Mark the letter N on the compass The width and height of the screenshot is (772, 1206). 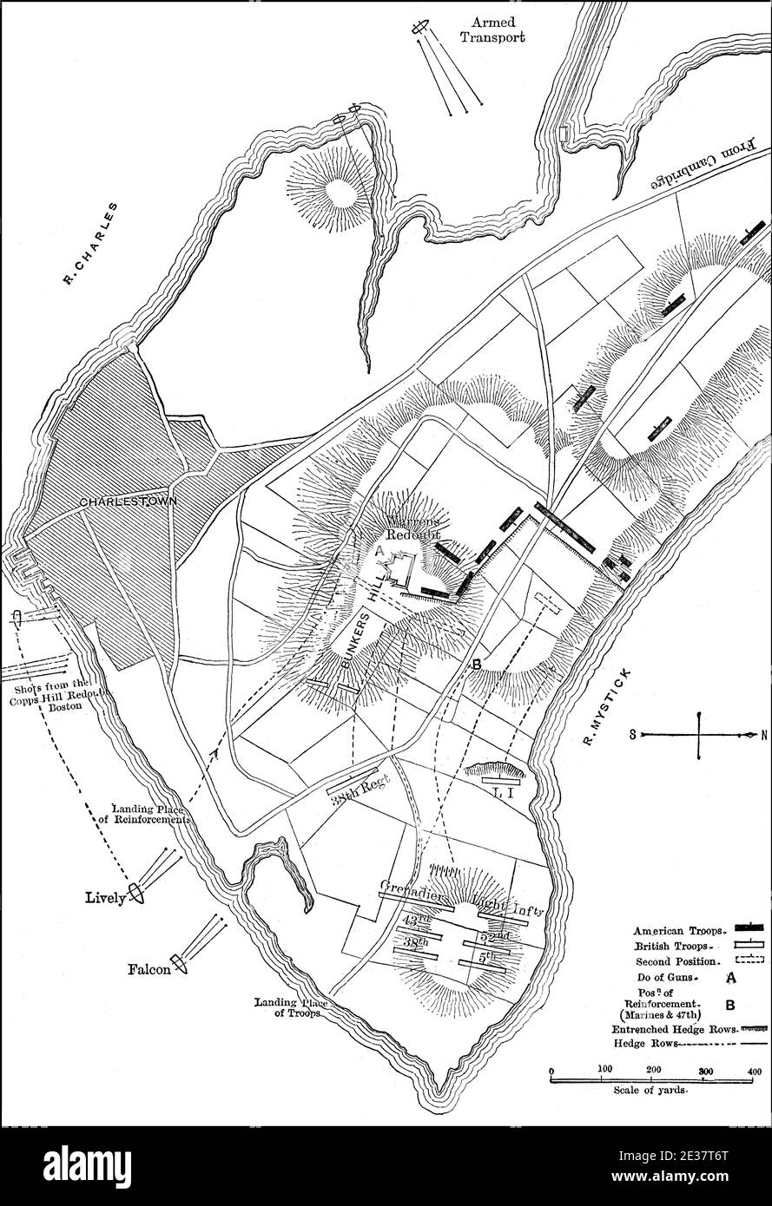tap(764, 735)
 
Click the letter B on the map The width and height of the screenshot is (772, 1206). tap(477, 665)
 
